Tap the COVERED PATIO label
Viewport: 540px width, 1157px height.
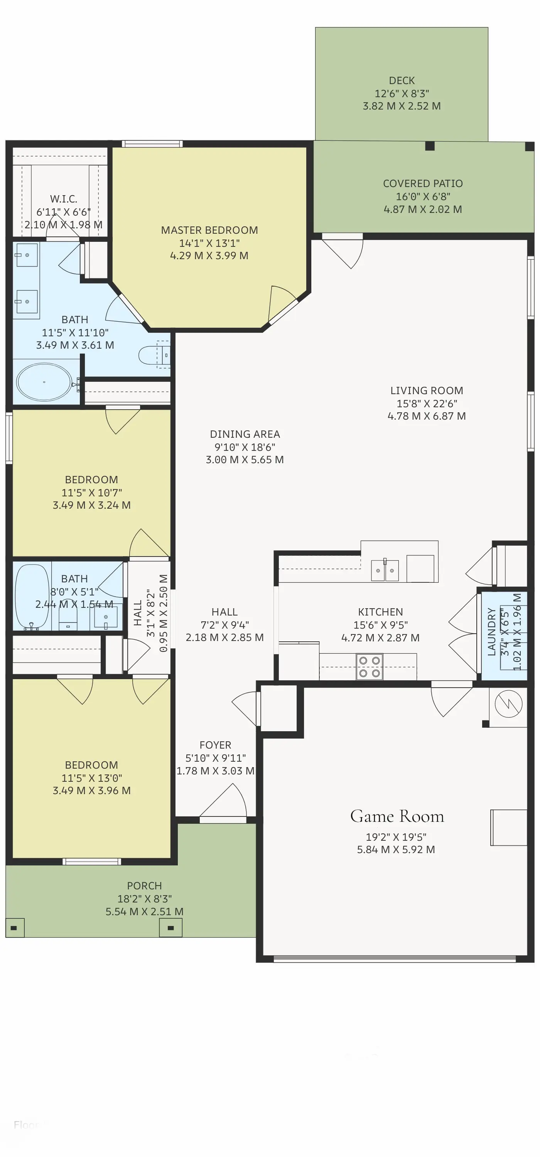tap(423, 184)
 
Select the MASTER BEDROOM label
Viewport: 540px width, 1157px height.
tap(209, 230)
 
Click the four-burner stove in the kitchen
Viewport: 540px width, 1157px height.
tap(369, 666)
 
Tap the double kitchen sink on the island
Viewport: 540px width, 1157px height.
tap(385, 571)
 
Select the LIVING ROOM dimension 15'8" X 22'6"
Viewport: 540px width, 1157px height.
tap(426, 404)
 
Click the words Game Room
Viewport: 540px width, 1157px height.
tap(397, 816)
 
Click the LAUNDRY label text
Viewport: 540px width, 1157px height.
tap(491, 631)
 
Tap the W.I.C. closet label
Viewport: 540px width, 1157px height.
tap(63, 199)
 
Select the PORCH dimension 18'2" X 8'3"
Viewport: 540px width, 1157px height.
tap(144, 899)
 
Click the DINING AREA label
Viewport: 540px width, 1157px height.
tap(245, 434)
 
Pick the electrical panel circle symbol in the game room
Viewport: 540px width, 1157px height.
tap(508, 704)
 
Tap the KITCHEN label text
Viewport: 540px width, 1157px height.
tap(380, 612)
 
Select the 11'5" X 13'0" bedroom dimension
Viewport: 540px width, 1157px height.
tap(92, 778)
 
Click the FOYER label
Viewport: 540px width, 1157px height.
tap(215, 745)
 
